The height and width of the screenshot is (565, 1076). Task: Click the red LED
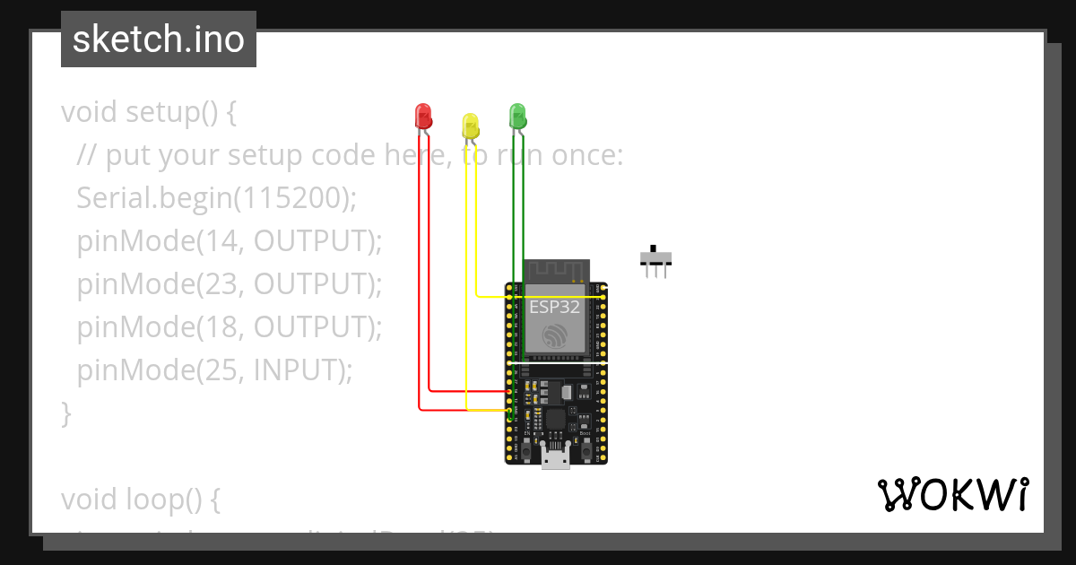(x=423, y=116)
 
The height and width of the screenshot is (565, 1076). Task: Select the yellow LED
(x=471, y=126)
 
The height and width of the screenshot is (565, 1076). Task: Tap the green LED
(x=517, y=115)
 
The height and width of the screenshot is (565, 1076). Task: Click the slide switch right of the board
(x=655, y=259)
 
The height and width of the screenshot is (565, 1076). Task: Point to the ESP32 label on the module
(x=555, y=307)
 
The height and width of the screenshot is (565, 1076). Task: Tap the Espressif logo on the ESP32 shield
(x=555, y=336)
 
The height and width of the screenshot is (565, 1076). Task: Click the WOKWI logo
(x=952, y=495)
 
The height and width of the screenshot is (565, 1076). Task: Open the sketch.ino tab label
(x=159, y=39)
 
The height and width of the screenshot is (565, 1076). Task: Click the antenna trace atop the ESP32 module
(x=556, y=270)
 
